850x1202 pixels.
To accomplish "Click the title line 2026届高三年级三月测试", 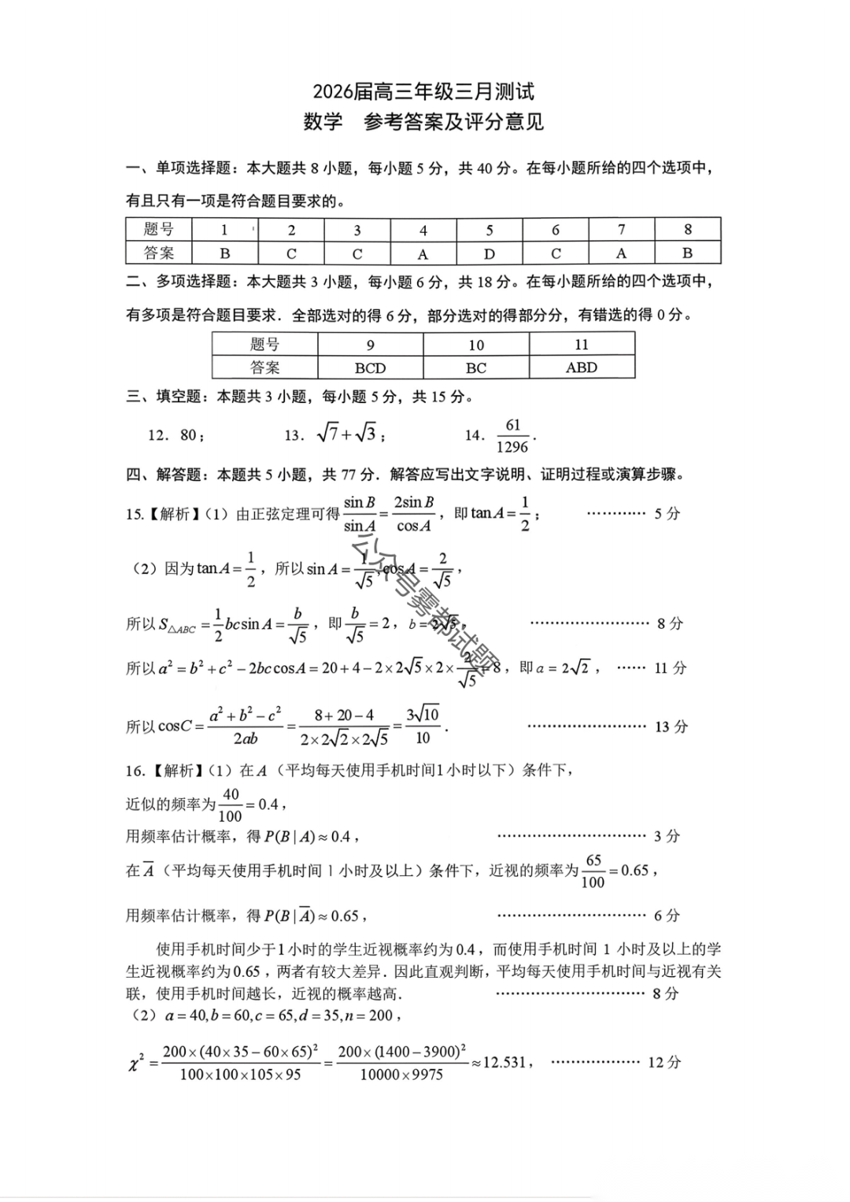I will click(x=423, y=92).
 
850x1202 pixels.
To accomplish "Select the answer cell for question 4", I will click(x=423, y=253).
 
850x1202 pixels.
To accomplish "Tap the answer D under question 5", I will click(x=489, y=253).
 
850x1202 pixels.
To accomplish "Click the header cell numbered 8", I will click(x=687, y=229).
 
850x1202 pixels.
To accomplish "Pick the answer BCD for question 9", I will click(x=370, y=368).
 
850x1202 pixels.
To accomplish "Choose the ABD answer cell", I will click(x=581, y=368).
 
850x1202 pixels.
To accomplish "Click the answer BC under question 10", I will click(x=475, y=368).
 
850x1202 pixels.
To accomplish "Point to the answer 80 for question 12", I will click(x=188, y=435).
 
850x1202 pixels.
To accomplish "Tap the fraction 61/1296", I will click(x=513, y=435).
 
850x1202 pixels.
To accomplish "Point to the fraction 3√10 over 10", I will click(x=423, y=726).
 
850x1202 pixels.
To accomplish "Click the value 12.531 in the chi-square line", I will click(x=504, y=1062).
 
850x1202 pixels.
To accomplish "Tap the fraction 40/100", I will click(x=231, y=804).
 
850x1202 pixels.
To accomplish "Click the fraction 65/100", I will click(x=593, y=871).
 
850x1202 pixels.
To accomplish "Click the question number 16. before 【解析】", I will click(x=135, y=771).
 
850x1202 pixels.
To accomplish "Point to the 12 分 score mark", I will click(x=663, y=1062).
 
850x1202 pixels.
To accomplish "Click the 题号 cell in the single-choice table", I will click(x=159, y=229).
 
